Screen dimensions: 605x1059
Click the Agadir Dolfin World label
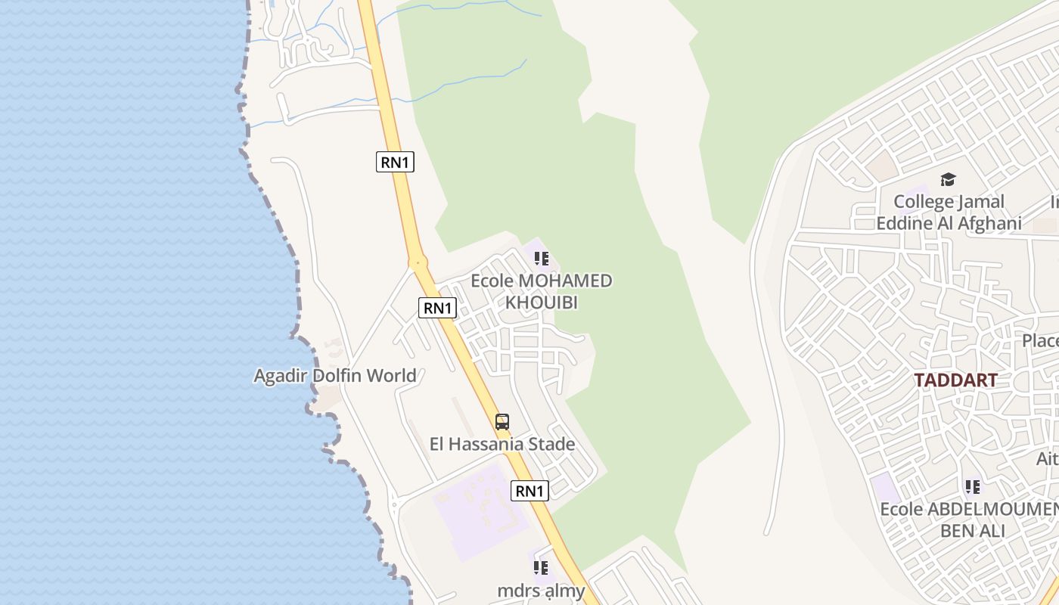click(x=335, y=375)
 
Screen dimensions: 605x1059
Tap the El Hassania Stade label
click(x=502, y=444)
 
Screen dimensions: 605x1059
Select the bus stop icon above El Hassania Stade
click(x=502, y=422)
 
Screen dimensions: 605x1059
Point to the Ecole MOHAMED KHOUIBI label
click(x=542, y=291)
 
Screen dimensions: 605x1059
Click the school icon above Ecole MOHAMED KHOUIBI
click(x=542, y=259)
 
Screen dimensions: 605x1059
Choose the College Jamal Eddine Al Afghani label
click(x=949, y=213)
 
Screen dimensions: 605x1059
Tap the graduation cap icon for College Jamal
click(x=948, y=179)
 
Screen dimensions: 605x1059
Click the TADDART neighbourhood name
click(x=955, y=380)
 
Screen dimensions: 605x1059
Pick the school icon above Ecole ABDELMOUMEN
click(x=973, y=487)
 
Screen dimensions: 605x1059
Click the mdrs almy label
click(x=541, y=591)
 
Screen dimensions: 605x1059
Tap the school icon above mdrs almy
click(x=541, y=567)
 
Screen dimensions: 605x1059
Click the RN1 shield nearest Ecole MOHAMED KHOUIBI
click(x=437, y=308)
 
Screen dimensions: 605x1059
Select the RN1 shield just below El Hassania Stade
click(x=529, y=491)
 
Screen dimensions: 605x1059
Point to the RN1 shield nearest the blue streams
click(x=395, y=161)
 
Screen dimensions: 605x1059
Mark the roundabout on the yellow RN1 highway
click(x=418, y=263)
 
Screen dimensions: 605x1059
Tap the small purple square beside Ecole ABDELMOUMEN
click(x=885, y=488)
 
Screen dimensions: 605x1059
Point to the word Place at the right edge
click(x=1041, y=340)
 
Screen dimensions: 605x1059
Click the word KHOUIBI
click(x=542, y=302)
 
